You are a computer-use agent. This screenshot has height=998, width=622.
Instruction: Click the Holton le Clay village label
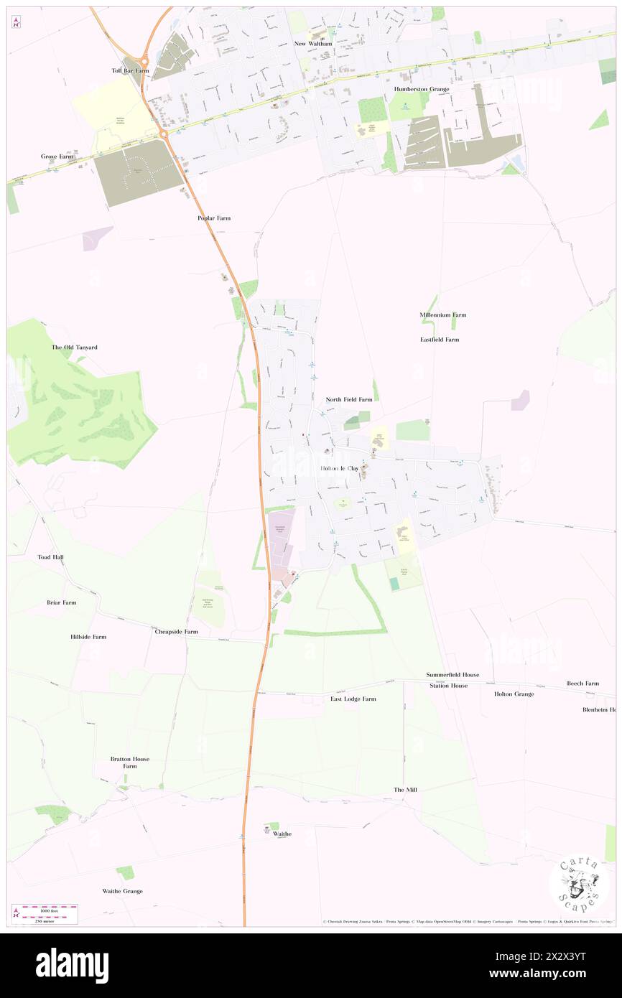point(339,468)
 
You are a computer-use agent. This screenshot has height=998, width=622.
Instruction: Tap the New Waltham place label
point(314,43)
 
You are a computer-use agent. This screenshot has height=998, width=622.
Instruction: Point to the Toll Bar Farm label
point(130,71)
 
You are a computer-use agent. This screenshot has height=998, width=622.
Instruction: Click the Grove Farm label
point(57,156)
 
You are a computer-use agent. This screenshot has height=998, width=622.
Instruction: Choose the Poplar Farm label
point(214,218)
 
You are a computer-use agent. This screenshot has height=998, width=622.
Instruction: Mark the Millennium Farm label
point(443,314)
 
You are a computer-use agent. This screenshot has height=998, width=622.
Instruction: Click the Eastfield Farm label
point(440,340)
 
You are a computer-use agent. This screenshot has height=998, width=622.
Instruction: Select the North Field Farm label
point(349,399)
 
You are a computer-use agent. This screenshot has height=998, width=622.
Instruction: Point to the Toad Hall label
point(50,556)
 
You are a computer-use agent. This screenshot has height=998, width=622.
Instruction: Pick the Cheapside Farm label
point(176,632)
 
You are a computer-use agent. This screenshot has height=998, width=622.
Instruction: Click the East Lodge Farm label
point(353,699)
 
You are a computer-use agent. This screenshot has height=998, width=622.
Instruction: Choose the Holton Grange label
point(514,694)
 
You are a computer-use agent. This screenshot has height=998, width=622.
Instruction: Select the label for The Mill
point(405,790)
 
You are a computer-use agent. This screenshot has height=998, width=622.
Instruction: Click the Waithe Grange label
point(122,891)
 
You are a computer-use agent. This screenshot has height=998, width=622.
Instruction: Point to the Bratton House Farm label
point(129,763)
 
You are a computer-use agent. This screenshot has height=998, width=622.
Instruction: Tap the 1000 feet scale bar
point(50,908)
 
